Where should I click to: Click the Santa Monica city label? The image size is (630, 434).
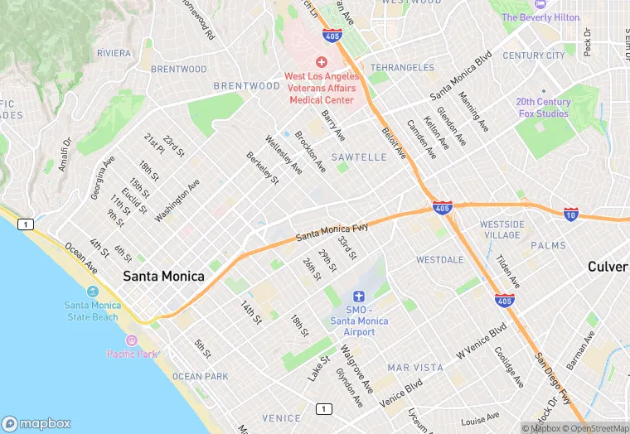(163, 277)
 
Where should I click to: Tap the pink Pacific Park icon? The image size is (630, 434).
(131, 340)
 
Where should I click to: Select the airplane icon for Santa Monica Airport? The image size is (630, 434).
(358, 297)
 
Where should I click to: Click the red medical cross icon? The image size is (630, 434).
(321, 63)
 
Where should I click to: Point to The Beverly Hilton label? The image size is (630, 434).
(540, 17)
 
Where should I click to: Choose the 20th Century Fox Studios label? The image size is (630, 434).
(543, 108)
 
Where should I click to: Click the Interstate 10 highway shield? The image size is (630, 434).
(571, 214)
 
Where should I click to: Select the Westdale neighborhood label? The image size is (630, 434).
(440, 259)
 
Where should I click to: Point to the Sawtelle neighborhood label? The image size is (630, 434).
(359, 157)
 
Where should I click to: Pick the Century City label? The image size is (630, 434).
(533, 55)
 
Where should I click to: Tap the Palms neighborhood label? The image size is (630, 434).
(548, 246)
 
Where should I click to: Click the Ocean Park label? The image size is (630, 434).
(200, 376)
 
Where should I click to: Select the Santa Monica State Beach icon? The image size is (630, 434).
(92, 292)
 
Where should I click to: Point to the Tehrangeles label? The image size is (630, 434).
(402, 67)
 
